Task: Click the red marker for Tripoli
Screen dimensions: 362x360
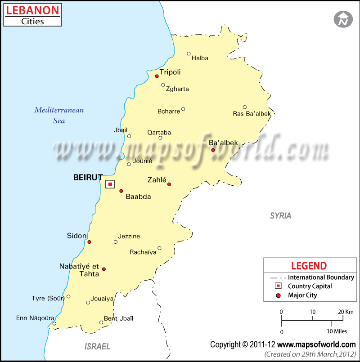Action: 157,76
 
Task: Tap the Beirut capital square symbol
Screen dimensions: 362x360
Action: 110,184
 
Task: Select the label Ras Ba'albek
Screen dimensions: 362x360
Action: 252,114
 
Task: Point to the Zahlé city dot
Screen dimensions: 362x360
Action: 169,184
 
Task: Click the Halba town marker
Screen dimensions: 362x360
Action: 189,54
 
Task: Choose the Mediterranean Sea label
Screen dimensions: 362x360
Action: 59,115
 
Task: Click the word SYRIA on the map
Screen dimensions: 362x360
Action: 280,216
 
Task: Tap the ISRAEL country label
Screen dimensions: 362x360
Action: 97,346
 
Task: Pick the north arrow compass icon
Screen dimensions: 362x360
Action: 343,19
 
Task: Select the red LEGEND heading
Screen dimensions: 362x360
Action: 309,265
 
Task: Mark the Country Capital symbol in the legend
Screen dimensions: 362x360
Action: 279,286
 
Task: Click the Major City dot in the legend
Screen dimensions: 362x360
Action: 279,295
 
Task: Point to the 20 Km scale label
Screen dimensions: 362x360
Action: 346,312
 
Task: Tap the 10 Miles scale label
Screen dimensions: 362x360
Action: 337,332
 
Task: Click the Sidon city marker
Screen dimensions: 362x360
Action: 89,242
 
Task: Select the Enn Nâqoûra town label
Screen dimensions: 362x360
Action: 35,317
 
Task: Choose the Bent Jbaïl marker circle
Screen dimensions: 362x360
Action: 101,322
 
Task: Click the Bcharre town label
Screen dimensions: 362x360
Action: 168,112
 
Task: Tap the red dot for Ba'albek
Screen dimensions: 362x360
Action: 213,150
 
